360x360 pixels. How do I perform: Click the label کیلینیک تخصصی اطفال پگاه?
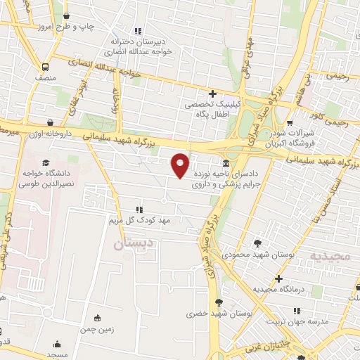[212, 109]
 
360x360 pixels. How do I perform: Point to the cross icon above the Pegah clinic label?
[212, 94]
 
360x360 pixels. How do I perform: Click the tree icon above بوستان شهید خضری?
[220, 302]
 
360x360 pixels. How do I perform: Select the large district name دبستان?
[130, 243]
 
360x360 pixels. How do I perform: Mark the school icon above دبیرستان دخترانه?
[138, 30]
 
